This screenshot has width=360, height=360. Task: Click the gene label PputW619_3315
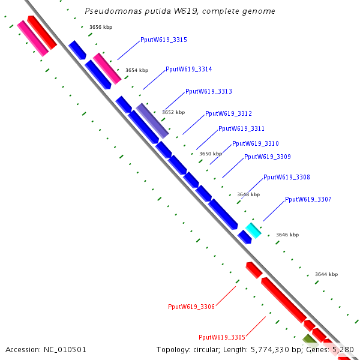(x=164, y=40)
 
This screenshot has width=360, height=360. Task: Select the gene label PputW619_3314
(x=188, y=70)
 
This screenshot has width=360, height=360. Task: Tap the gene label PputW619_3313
(x=208, y=92)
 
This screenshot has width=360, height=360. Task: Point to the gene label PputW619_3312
(x=228, y=113)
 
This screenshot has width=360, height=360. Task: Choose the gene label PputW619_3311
(x=241, y=129)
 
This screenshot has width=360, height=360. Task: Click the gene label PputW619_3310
(x=255, y=144)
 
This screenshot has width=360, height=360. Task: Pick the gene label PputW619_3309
(x=267, y=157)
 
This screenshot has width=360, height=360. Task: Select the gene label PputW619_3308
(x=286, y=178)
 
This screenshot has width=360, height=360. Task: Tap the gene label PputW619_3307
(x=308, y=200)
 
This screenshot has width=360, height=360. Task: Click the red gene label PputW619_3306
(x=191, y=307)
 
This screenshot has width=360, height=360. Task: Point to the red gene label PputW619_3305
(x=222, y=337)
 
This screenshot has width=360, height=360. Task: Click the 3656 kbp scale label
(x=101, y=27)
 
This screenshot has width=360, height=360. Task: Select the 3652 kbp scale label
(x=173, y=112)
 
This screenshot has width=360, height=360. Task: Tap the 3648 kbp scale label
(x=248, y=194)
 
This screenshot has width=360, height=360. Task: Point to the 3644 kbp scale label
(x=326, y=274)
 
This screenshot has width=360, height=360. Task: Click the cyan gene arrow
(x=253, y=230)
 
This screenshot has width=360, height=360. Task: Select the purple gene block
(x=152, y=120)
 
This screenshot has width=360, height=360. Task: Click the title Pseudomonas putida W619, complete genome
(x=180, y=11)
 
